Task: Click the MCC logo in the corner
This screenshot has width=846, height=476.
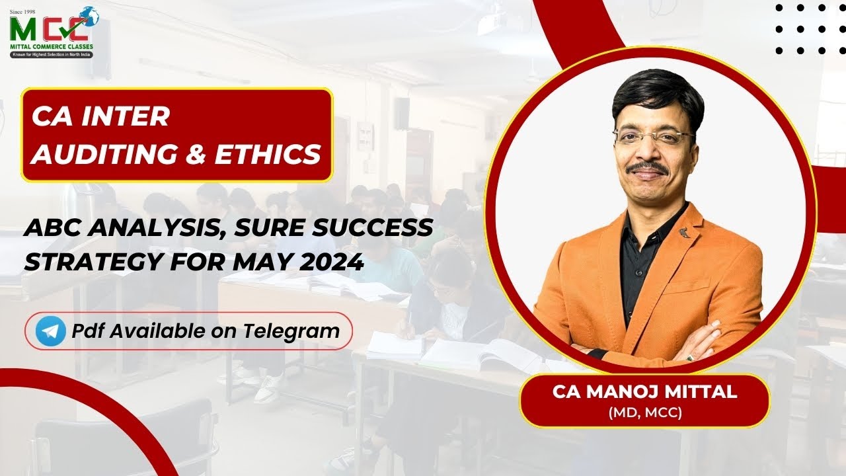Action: (52, 31)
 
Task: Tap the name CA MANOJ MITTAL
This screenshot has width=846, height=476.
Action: (644, 391)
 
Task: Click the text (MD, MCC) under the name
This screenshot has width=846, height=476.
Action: (644, 413)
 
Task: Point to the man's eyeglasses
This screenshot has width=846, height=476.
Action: (653, 137)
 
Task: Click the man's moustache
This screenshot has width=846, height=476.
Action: (648, 167)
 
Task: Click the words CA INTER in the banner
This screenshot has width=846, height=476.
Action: (100, 117)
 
